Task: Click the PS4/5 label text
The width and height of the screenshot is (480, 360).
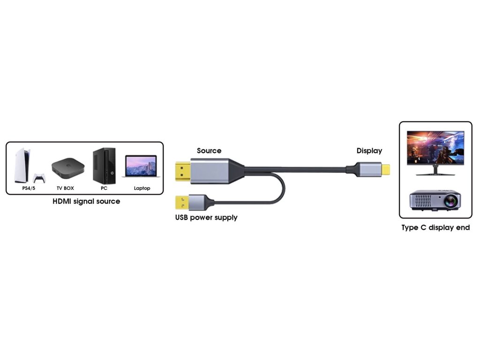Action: pos(29,188)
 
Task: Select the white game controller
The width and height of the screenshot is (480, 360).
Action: pos(38,178)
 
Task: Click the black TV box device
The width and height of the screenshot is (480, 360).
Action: pos(68,168)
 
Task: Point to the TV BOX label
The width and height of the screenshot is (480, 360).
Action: pos(65,188)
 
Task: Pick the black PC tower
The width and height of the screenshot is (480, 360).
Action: pos(104,165)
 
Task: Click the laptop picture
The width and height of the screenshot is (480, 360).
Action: pos(140,167)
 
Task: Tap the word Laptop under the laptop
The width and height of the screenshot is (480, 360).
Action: pos(142,188)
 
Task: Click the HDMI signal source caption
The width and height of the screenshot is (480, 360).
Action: pos(86,202)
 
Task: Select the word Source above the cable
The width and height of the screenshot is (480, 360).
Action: pos(209,151)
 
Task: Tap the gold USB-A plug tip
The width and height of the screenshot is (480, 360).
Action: pos(180,202)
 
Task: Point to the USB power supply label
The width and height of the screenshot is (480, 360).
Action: pos(206,217)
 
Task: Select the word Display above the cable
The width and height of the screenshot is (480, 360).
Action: pos(369,151)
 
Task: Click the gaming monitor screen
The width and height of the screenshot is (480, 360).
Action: pos(435,147)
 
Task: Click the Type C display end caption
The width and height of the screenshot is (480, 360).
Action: pos(435,228)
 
